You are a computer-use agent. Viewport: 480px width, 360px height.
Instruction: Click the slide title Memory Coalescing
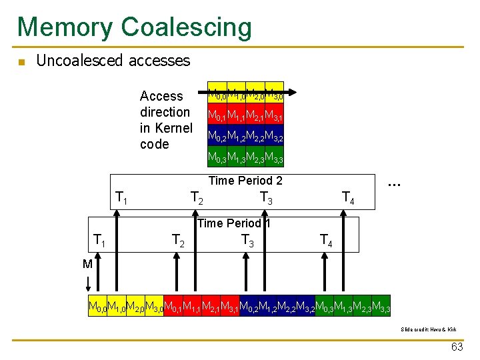coord(135,27)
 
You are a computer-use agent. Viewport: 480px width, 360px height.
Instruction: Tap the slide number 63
coord(457,347)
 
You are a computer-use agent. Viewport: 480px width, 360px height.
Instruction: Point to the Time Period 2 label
coord(245,181)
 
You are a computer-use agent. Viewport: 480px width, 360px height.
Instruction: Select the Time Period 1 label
coord(234,223)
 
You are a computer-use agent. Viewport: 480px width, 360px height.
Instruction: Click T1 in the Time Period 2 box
coord(121,197)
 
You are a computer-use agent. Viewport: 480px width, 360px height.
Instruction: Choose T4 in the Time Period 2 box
coord(348,197)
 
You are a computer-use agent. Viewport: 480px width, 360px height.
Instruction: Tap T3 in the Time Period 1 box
coord(248,240)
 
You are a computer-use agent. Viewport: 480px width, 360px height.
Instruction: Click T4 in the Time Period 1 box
coord(326,240)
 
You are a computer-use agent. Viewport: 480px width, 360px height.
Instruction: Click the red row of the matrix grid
coord(245,117)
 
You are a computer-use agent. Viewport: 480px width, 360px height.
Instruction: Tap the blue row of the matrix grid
coord(245,138)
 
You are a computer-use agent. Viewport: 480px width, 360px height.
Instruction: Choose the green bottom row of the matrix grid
coord(245,158)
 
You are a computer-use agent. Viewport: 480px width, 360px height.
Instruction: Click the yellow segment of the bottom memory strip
coord(126,306)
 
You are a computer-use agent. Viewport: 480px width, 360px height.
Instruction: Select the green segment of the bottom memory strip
coord(352,306)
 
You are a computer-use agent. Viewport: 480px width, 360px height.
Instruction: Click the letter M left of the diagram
coord(87,264)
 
